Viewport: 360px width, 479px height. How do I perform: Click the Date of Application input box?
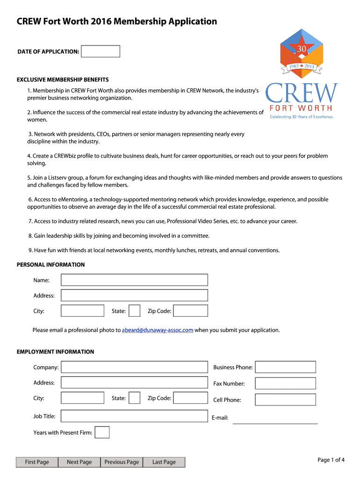101,51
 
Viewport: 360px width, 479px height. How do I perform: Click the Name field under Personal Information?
135,280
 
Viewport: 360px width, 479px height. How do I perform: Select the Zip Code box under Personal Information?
191,311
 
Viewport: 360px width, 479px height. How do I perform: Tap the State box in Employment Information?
134,398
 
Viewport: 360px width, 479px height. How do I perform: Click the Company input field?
135,367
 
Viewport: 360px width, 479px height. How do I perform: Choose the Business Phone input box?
285,367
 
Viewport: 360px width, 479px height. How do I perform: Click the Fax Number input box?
285,384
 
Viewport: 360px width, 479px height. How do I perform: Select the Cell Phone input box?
285,399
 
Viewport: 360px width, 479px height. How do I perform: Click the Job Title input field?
135,416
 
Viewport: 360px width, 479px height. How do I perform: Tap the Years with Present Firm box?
102,432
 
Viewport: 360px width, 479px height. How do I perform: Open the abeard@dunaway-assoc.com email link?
158,330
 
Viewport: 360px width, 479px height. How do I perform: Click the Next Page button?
79,462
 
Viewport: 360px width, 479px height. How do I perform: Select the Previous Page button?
122,462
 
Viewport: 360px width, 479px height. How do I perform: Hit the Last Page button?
164,462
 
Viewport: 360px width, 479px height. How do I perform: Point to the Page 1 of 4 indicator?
331,460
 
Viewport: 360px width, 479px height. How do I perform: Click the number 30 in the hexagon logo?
302,49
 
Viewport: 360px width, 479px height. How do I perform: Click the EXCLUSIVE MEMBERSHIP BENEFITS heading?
63,80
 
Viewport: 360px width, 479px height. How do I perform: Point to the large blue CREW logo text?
302,94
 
